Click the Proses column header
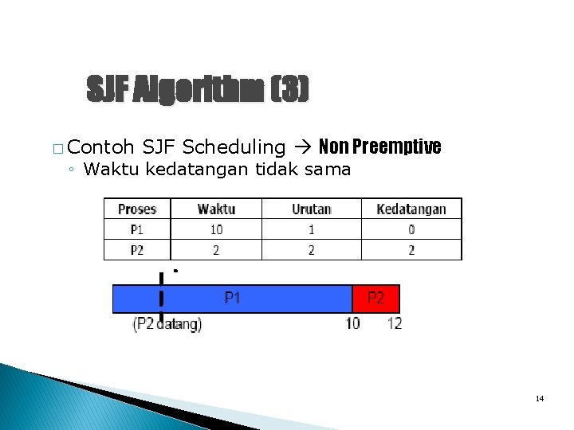[137, 209]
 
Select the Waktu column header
[216, 209]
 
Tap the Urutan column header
[311, 209]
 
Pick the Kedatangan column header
[411, 209]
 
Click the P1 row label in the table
[137, 229]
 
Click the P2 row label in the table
[137, 250]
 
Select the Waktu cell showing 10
[216, 229]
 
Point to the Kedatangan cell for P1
[411, 229]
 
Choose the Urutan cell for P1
[311, 229]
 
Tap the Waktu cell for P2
[216, 250]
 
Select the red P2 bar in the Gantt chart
[375, 299]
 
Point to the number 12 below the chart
[395, 324]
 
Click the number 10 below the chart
[352, 324]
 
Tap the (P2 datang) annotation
[167, 324]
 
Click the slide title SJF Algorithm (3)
[197, 90]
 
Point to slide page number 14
[540, 398]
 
